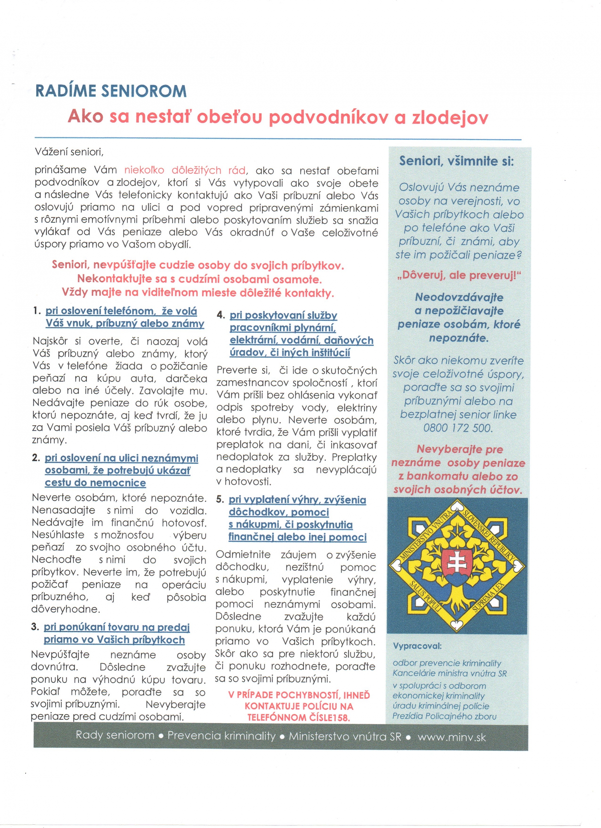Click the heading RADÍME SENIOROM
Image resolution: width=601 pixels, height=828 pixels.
[111, 91]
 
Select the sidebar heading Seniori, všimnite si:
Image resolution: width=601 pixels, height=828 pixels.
[456, 161]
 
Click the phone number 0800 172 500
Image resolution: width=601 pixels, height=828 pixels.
[458, 428]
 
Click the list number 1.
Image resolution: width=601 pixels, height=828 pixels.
[36, 311]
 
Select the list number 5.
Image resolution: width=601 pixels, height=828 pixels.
[220, 499]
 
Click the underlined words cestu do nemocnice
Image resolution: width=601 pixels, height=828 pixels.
[95, 483]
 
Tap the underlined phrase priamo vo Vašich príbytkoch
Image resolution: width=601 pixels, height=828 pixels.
[114, 640]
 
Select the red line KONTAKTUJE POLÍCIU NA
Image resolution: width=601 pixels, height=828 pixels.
[299, 706]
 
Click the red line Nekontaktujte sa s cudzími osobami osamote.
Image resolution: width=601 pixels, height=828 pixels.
[199, 279]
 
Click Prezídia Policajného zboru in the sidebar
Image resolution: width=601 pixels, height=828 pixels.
[444, 716]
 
